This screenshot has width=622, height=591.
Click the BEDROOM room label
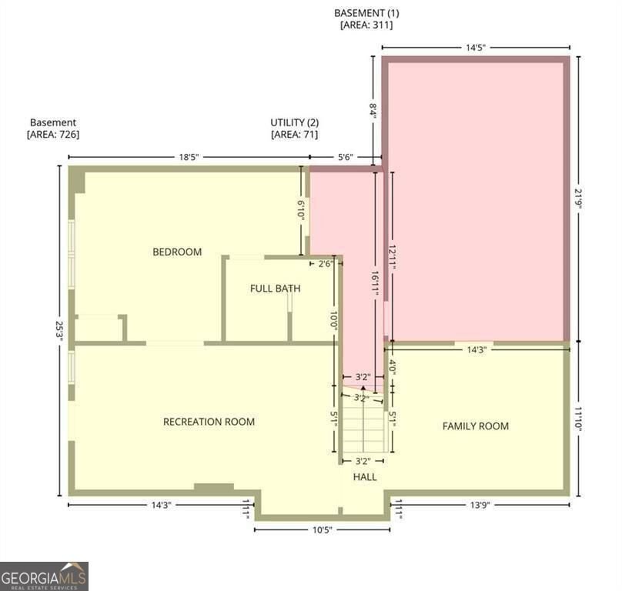(177, 252)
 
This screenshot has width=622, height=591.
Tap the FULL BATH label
(276, 289)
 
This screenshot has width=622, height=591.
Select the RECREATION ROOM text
(209, 422)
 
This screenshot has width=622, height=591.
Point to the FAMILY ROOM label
(476, 426)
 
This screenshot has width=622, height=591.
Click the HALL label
(365, 477)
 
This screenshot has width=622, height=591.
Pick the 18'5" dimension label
(189, 157)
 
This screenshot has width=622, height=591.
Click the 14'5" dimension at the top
(476, 48)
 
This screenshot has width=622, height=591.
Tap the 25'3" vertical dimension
(59, 331)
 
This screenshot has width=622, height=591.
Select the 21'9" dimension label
(578, 199)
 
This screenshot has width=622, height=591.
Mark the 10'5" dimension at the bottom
(322, 530)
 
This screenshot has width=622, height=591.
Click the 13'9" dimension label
(480, 505)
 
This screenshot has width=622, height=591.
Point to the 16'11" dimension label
(375, 283)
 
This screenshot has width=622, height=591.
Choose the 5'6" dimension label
(345, 157)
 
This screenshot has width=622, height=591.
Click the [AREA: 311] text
(366, 25)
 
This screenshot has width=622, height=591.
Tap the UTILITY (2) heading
(294, 122)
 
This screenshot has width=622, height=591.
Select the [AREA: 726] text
(53, 135)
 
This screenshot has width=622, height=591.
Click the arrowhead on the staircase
(363, 388)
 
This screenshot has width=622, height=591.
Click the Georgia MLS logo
(44, 576)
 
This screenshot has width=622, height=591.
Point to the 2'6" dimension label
(326, 264)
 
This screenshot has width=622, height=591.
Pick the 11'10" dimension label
(578, 421)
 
